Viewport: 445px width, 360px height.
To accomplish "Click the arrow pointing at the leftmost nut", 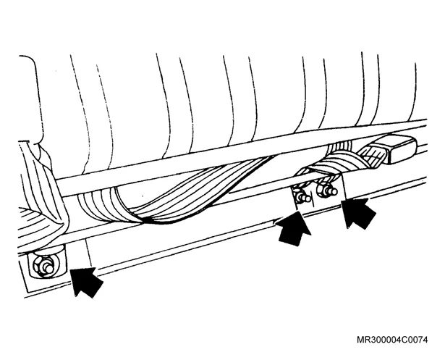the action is (85, 281).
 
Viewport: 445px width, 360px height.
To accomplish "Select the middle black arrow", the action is (294, 229).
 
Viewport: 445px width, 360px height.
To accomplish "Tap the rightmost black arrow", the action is (358, 212).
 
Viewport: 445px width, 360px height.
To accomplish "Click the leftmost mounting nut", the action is (43, 267).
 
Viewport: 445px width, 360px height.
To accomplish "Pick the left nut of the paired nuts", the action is (302, 196).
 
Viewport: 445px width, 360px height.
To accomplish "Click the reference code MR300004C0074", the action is (392, 340).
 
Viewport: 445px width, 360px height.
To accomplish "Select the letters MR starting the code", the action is (363, 340).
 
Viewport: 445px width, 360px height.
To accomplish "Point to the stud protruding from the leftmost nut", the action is (48, 269).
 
